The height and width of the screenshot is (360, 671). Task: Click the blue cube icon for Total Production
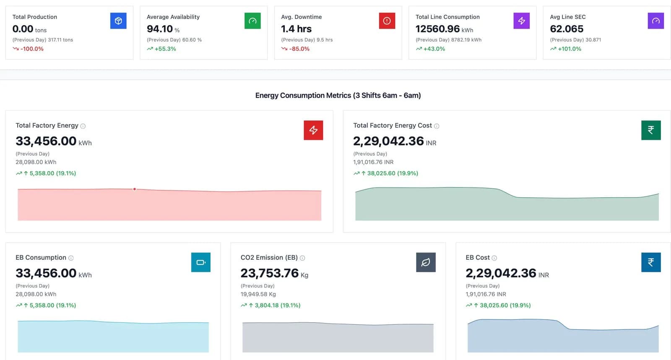118,21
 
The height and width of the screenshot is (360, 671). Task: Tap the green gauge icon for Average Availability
252,21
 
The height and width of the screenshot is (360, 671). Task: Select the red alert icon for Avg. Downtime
387,21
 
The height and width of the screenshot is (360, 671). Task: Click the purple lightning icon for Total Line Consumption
522,21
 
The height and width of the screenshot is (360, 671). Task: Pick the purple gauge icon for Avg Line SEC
656,21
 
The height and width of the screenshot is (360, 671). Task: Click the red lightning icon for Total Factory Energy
313,130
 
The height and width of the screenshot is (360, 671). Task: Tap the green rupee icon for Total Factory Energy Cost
651,130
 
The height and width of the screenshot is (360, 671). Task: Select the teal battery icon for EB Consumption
201,262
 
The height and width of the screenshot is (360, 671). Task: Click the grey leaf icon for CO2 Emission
426,262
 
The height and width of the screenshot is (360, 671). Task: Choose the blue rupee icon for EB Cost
651,262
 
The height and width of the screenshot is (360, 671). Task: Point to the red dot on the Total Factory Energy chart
135,189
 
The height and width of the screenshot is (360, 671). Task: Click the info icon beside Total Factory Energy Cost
437,126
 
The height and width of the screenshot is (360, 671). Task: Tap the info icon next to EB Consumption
71,258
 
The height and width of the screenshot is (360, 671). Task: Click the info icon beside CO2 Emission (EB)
302,258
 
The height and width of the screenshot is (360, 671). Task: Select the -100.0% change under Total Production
32,49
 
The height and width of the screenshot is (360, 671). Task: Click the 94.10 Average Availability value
160,29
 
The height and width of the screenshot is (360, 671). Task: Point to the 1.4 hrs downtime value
296,29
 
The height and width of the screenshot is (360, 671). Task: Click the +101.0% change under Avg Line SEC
570,49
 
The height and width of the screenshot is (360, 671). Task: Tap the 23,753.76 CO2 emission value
270,273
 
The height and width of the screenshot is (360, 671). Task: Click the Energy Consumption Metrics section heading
338,95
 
